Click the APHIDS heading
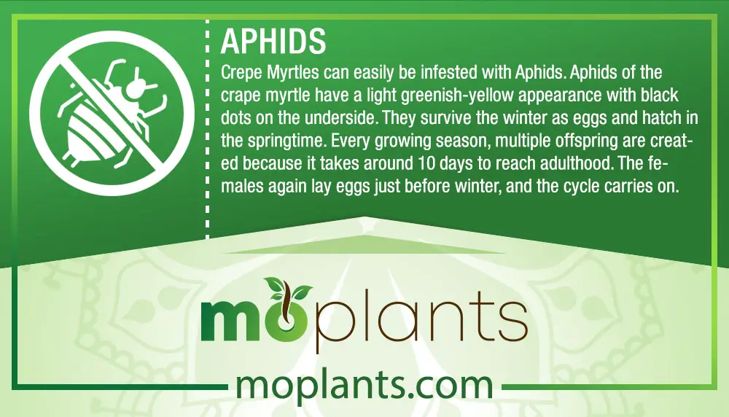273,41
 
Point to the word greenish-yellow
457,96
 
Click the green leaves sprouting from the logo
287,287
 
